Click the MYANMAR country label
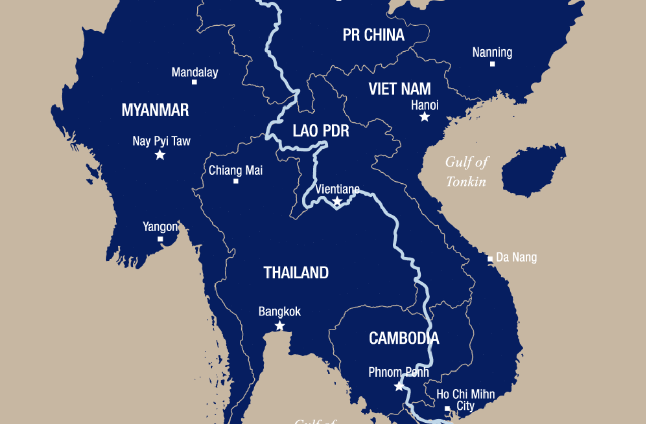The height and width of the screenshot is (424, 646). pos(155,110)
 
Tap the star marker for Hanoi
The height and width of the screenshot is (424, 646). pos(425,117)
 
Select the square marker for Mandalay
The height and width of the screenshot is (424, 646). pos(194,82)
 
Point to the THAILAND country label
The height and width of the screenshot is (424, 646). pos(296,273)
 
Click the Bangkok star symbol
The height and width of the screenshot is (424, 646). pos(280,326)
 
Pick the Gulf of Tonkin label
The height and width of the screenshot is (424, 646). pos(466,172)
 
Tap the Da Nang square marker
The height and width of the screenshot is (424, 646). pos(490,259)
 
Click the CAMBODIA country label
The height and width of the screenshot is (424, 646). pos(404,338)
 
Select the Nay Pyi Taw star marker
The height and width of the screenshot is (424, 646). pos(160,155)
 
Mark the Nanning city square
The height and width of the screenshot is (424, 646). pos(492,64)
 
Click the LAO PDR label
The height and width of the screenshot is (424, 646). pos(321,131)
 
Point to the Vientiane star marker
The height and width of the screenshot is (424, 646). pos(337,202)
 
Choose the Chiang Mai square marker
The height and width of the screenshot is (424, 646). pos(236,181)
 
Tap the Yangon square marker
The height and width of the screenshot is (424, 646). pos(160,239)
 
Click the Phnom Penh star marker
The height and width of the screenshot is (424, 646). pos(399,386)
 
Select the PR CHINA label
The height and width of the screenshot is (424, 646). pos(373,35)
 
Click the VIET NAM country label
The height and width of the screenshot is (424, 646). pos(400,89)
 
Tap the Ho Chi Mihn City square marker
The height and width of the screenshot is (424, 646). pos(447,409)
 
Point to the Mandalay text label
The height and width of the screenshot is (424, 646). pos(194,72)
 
